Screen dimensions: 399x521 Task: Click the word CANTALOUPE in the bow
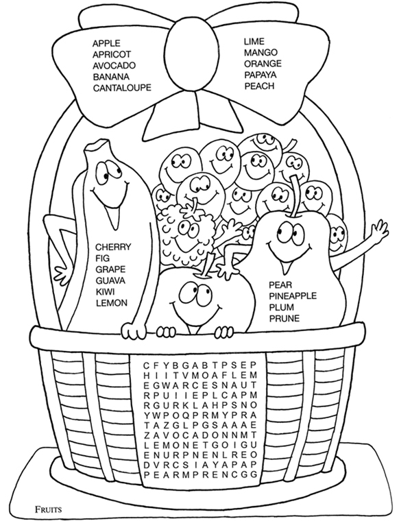point(122,88)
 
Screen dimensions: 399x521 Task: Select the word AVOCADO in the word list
point(114,65)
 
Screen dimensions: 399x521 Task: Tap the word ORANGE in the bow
point(263,64)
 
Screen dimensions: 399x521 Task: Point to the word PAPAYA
point(261,75)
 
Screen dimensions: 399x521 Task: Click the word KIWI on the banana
point(105,292)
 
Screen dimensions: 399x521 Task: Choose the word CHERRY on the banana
point(113,247)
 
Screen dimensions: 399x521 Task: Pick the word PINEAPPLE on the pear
point(293,295)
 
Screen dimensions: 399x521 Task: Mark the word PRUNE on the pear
point(284,318)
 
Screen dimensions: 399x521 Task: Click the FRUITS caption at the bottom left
point(48,509)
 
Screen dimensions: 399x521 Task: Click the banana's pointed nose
point(113,217)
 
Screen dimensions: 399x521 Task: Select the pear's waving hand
point(378,228)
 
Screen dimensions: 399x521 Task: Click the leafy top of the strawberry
point(192,208)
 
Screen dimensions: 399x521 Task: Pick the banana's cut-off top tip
point(97,145)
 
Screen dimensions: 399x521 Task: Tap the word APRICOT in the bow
point(112,54)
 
